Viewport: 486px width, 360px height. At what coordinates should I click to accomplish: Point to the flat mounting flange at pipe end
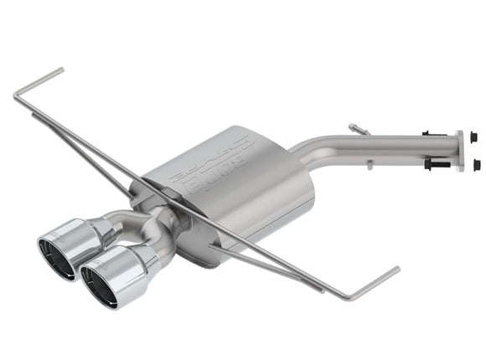point(459,151)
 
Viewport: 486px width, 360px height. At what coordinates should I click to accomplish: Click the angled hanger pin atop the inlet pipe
point(359,129)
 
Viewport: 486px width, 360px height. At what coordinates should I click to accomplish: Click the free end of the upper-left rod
point(61,69)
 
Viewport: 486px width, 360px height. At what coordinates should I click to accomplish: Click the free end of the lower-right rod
point(397,270)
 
